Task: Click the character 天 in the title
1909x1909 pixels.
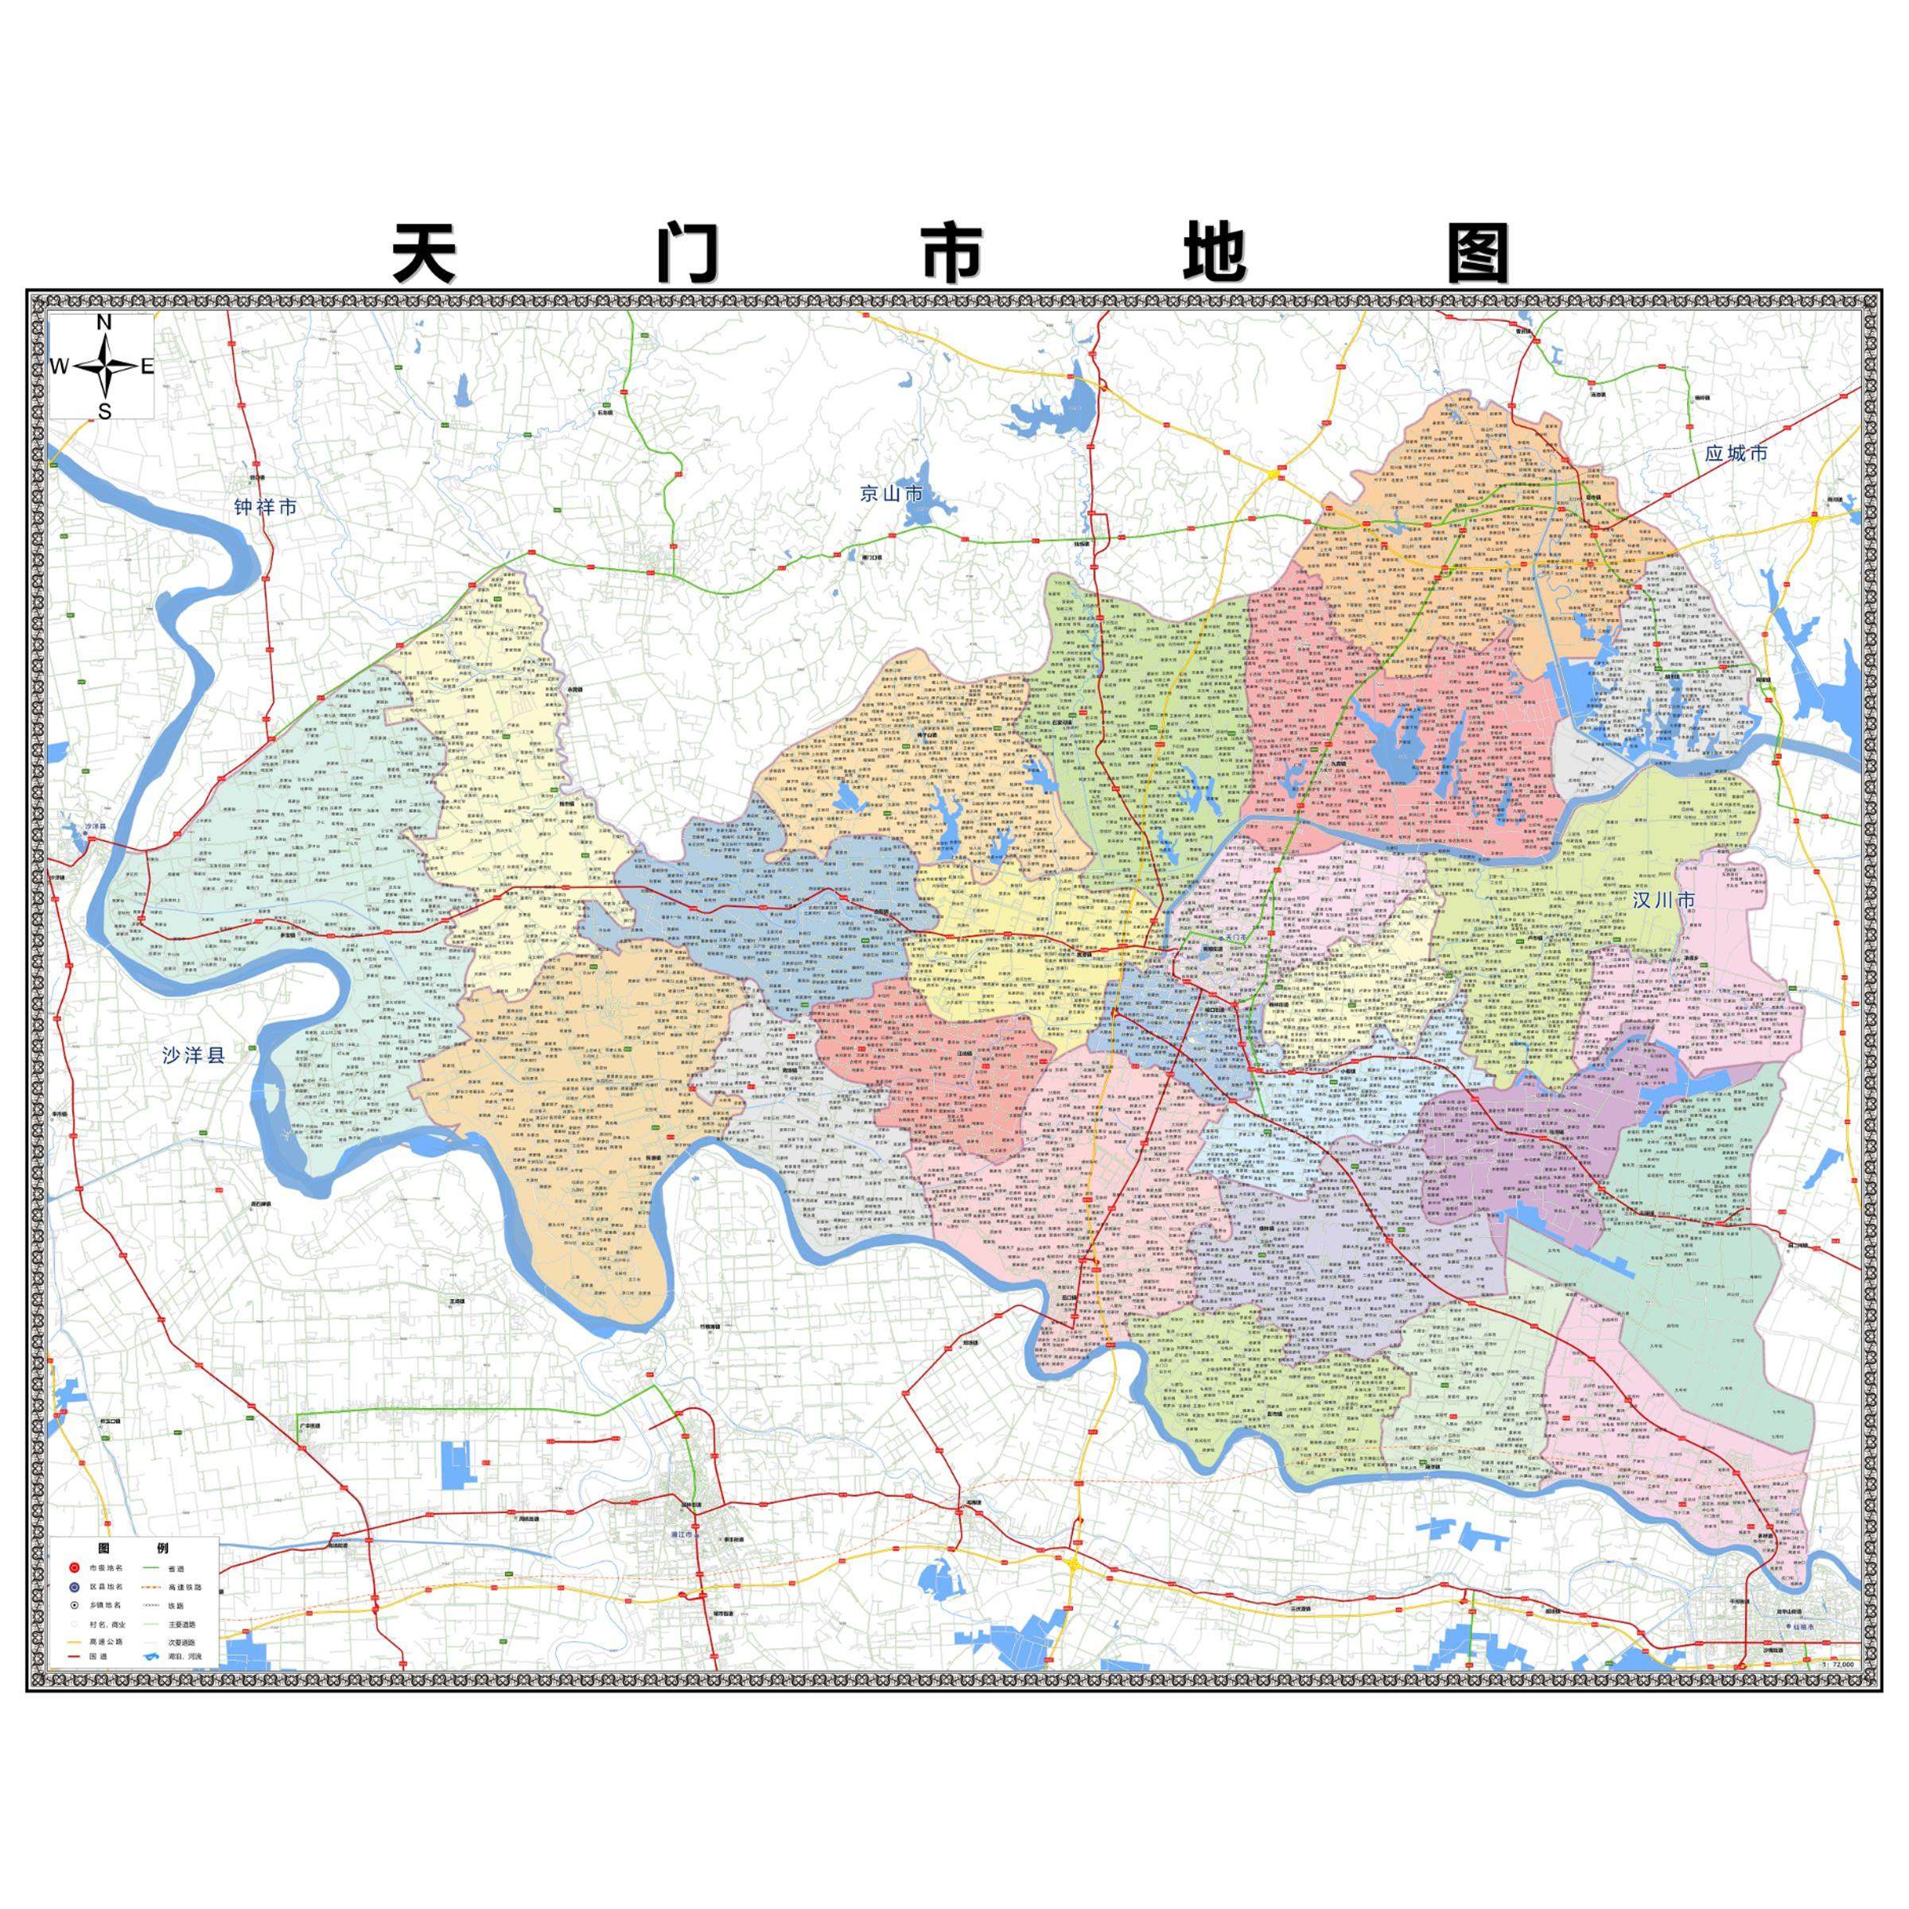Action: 425,255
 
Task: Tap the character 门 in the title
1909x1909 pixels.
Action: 689,255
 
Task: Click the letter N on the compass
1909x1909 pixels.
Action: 103,322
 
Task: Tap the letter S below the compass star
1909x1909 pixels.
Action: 103,412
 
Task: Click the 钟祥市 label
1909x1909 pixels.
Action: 265,508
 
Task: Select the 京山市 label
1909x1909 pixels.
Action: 890,493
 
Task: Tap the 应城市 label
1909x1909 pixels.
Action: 1736,454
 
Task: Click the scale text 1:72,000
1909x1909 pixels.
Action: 1838,1665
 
